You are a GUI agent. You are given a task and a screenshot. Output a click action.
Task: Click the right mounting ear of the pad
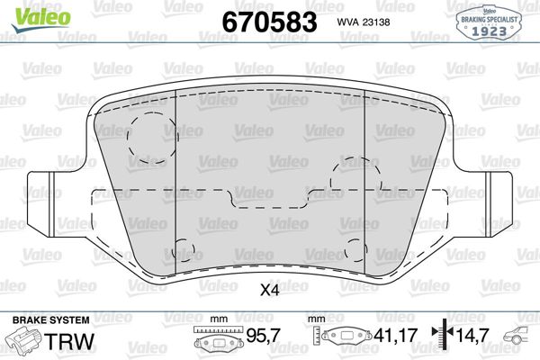point(501,193)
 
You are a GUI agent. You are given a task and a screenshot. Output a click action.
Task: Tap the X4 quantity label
point(268,291)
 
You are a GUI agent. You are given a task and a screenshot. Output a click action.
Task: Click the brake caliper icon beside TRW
point(25,342)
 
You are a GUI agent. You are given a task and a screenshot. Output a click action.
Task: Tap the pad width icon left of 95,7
point(214,341)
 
